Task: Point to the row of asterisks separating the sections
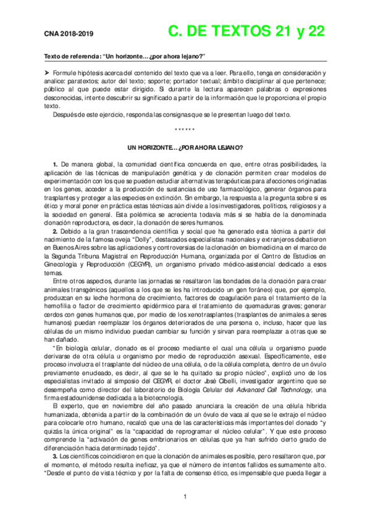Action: pyautogui.click(x=185, y=130)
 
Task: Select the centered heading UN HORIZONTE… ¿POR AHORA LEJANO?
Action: pyautogui.click(x=185, y=148)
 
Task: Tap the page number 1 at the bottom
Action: pyautogui.click(x=185, y=497)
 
